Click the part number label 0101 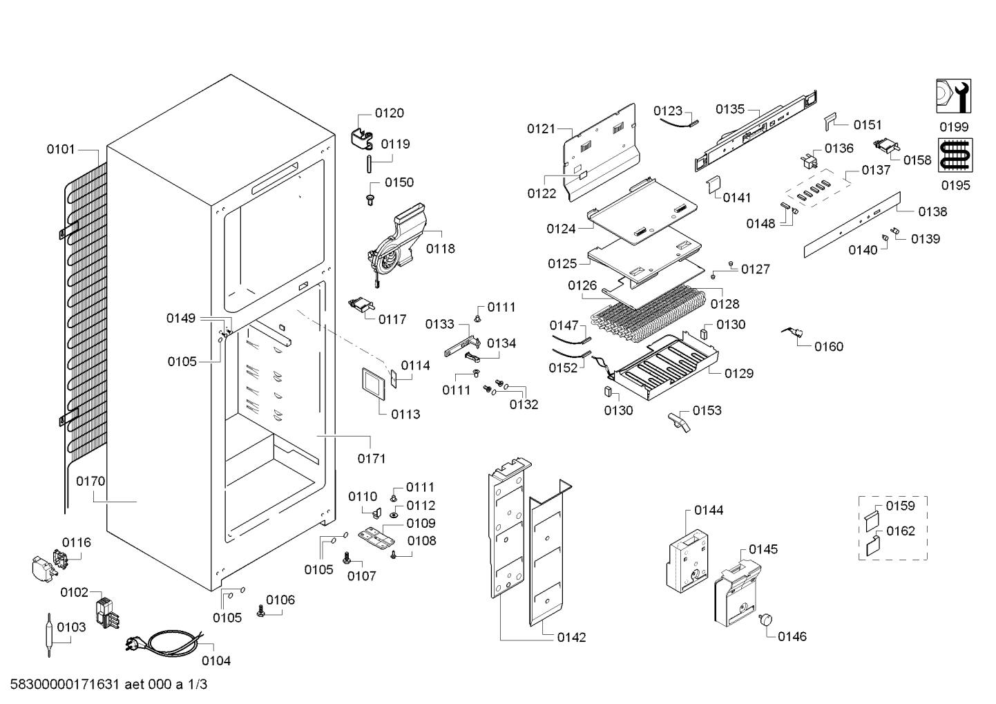(x=61, y=149)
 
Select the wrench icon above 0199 (x=953, y=96)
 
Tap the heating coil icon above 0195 (x=954, y=155)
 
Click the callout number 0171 (x=371, y=458)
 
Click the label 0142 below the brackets (x=571, y=638)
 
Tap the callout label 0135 (x=730, y=108)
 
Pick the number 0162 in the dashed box (x=901, y=531)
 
